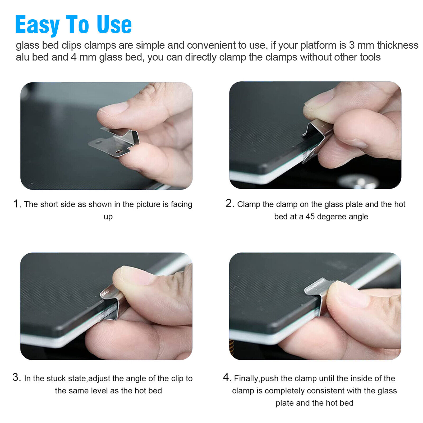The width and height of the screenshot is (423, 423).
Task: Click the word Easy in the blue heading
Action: pyautogui.click(x=37, y=25)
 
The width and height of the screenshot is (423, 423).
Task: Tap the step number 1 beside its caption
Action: pyautogui.click(x=16, y=204)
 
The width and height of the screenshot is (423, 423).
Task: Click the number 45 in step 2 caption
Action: pyautogui.click(x=310, y=217)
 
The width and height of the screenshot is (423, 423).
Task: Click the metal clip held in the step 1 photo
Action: pyautogui.click(x=114, y=142)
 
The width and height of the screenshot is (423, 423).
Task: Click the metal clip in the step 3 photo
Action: pyautogui.click(x=112, y=301)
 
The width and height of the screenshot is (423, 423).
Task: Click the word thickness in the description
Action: pyautogui.click(x=398, y=45)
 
